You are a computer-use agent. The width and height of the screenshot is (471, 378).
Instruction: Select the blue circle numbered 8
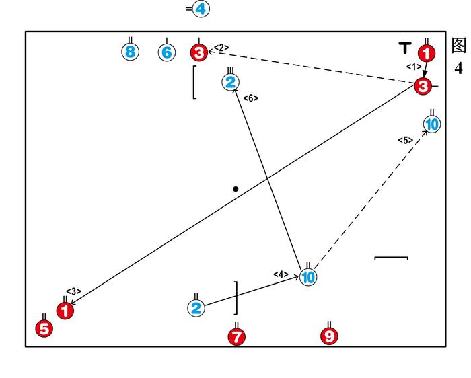(131, 52)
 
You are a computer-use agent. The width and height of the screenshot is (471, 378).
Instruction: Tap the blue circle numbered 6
(167, 52)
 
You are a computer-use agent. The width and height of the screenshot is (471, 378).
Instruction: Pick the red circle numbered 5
(44, 329)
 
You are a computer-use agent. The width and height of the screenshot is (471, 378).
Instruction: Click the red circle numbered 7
(237, 336)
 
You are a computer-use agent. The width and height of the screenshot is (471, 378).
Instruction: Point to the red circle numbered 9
(329, 336)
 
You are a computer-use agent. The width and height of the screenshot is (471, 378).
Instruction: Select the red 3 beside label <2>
(199, 52)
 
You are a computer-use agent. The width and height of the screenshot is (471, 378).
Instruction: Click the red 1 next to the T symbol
(427, 52)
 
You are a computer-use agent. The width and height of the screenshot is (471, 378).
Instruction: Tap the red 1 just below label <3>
(65, 311)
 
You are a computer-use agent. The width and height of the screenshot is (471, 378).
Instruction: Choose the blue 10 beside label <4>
(308, 277)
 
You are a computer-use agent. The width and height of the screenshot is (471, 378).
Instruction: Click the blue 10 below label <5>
(432, 124)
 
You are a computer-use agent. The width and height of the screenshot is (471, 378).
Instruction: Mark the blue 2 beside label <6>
(231, 83)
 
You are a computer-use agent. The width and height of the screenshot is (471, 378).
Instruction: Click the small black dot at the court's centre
(235, 189)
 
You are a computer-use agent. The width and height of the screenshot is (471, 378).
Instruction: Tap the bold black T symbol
(404, 47)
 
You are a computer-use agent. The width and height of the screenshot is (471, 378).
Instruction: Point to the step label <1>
(414, 67)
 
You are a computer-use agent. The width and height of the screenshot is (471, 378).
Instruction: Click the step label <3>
(73, 291)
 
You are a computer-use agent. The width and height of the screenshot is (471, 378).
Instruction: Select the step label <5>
(404, 140)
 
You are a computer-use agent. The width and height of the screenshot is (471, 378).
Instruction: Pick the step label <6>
(250, 98)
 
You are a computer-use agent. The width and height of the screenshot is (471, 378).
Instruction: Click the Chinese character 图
(459, 45)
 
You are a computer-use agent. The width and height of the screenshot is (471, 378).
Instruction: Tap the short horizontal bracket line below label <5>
(391, 257)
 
